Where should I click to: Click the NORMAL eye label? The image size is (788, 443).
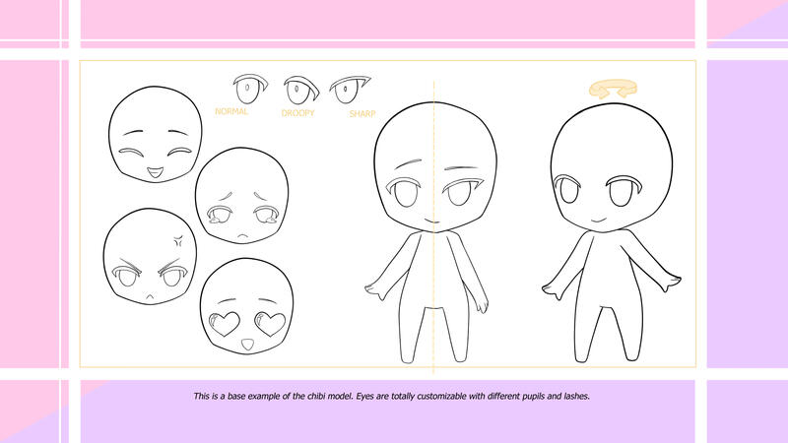pyautogui.click(x=231, y=111)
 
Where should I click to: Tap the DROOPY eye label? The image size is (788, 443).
pyautogui.click(x=298, y=113)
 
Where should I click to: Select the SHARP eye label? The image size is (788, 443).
pyautogui.click(x=362, y=114)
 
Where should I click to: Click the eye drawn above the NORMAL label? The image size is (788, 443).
pyautogui.click(x=250, y=89)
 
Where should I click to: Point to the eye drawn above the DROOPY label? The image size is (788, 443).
pyautogui.click(x=301, y=90)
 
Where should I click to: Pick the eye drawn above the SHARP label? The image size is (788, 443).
pyautogui.click(x=350, y=90)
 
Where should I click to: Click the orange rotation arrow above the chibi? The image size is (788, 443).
pyautogui.click(x=613, y=90)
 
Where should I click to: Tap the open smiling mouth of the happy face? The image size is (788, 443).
pyautogui.click(x=156, y=174)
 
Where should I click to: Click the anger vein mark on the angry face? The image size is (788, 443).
pyautogui.click(x=178, y=241)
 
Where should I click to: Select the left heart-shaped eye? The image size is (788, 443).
pyautogui.click(x=224, y=324)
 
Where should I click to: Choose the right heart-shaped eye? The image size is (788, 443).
pyautogui.click(x=270, y=324)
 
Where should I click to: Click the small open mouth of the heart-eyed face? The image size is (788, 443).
pyautogui.click(x=247, y=345)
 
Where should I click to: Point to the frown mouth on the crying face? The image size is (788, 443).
pyautogui.click(x=243, y=235)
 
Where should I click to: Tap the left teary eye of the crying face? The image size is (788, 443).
pyautogui.click(x=218, y=216)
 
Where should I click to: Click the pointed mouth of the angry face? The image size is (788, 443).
pyautogui.click(x=150, y=297)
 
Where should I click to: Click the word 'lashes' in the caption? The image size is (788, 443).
pyautogui.click(x=576, y=397)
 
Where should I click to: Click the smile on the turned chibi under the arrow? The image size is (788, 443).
pyautogui.click(x=599, y=220)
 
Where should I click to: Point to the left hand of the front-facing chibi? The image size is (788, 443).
pyautogui.click(x=374, y=290)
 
